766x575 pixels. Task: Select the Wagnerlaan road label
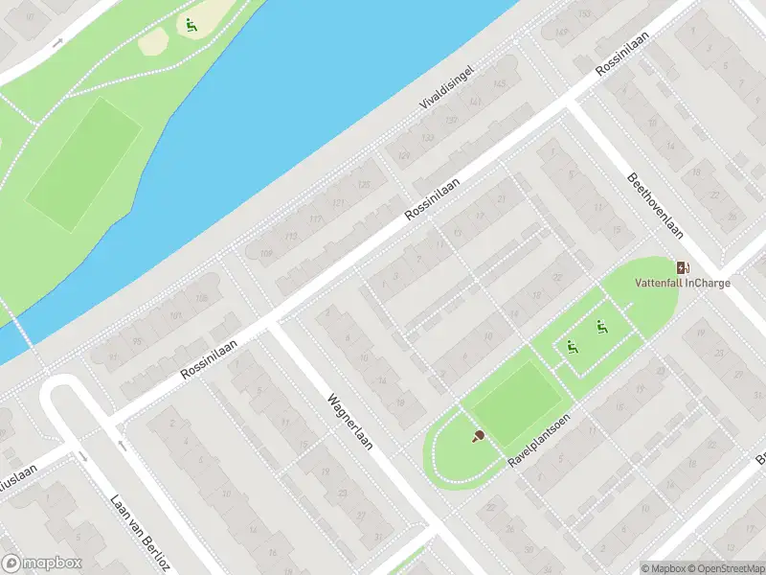349,426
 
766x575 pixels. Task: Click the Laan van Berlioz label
131,528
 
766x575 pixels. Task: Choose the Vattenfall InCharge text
683,283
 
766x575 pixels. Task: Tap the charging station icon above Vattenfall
683,267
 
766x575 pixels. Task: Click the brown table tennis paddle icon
478,436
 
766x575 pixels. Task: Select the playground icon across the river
191,26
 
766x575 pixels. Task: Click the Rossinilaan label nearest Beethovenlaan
620,53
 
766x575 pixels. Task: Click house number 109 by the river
265,254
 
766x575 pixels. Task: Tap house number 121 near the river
336,203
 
